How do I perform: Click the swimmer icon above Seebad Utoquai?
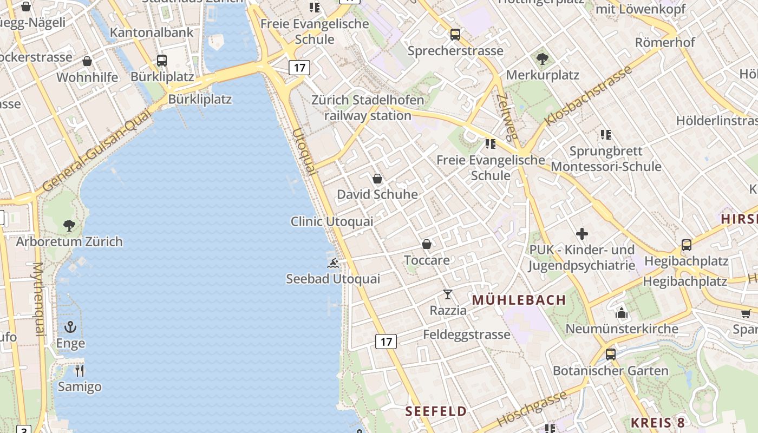point(333,264)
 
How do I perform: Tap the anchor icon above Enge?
point(70,327)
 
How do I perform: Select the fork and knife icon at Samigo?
point(80,371)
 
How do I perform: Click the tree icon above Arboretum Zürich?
point(69,225)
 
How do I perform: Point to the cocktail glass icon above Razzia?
point(448,294)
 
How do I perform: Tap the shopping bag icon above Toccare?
point(427,244)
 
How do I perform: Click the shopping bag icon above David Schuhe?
point(377,178)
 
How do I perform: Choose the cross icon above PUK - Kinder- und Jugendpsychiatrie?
point(582,234)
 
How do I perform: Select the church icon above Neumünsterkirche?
point(622,313)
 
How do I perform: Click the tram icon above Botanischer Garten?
point(611,355)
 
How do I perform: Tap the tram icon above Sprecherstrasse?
point(455,35)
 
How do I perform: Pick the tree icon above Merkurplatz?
point(543,58)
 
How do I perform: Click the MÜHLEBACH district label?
point(519,300)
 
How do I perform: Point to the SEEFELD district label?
point(436,411)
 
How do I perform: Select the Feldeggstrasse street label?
point(467,334)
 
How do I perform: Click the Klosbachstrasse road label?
point(589,95)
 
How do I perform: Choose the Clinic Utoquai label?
point(332,221)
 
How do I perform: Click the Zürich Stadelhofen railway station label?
point(368,108)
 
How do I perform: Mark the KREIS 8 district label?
point(658,423)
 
